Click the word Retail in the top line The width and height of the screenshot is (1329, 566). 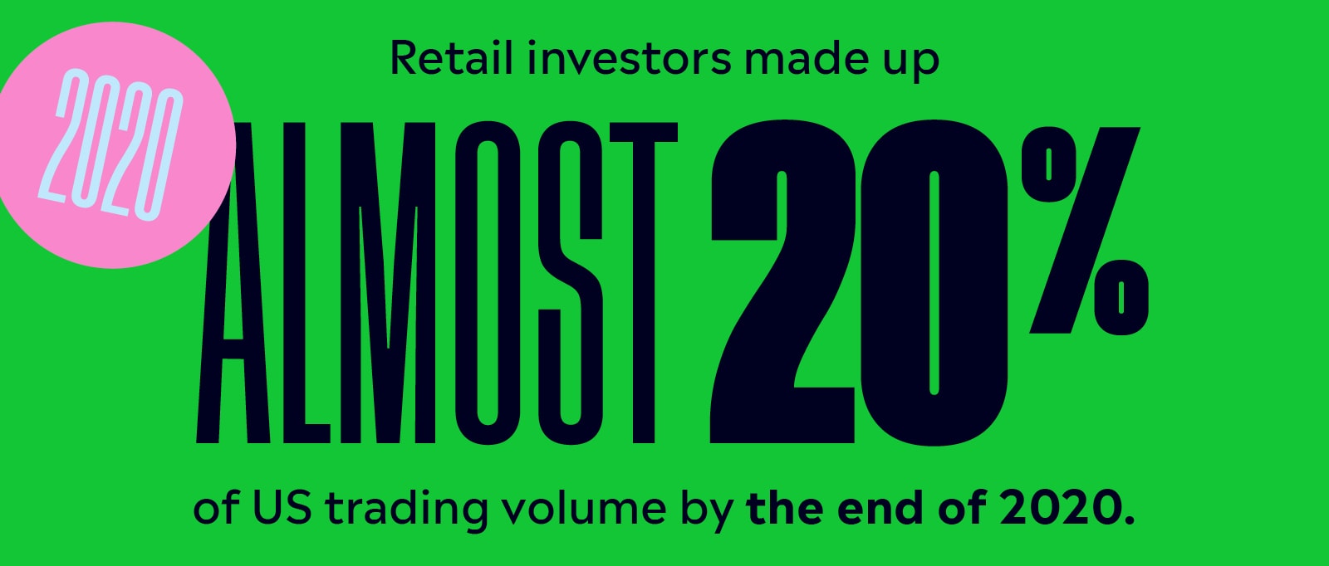point(451,57)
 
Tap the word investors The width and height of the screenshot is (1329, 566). point(630,57)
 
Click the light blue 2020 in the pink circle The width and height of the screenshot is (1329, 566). point(111,144)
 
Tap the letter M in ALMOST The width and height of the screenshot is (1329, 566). point(388,283)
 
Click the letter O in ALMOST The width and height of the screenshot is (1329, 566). point(487,283)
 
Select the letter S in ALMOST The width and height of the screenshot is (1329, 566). point(570,283)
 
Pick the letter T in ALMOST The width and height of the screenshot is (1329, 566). point(644,283)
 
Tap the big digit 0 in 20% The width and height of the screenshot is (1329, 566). point(934,283)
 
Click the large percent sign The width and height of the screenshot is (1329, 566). point(1085,232)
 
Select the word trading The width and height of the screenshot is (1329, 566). point(406,512)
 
